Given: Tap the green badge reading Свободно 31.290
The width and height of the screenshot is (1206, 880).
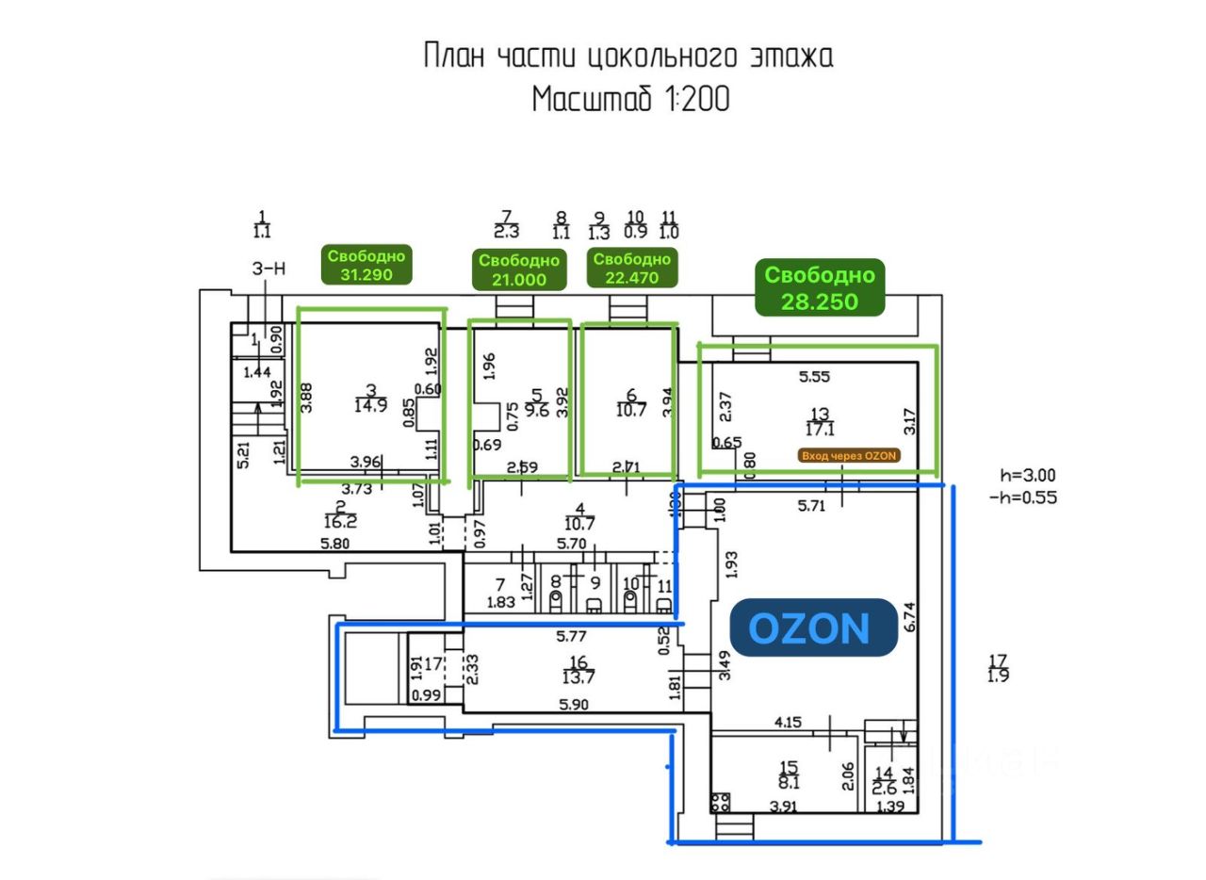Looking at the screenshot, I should point(367,266).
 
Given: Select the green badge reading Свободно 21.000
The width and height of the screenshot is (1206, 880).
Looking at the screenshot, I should point(519,270).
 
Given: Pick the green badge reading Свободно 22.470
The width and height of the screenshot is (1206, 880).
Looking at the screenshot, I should point(632,269).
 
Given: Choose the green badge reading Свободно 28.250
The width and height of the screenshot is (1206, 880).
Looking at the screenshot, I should point(820,287).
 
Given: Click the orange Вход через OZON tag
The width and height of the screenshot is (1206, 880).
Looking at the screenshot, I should point(849,456).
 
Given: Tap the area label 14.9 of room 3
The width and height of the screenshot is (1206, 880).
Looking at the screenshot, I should point(371,406).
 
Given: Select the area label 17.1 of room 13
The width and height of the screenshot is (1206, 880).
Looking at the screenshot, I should point(820,429).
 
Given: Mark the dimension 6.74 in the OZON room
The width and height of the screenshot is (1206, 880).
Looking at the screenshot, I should point(908,617).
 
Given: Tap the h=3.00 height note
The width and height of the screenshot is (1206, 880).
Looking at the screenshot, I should point(1028,476).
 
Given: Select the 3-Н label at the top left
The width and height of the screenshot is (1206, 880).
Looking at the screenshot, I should point(269,269).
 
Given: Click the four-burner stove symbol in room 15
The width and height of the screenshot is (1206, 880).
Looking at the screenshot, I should point(721,803).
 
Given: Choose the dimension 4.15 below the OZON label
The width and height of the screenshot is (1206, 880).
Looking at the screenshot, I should point(788,723).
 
